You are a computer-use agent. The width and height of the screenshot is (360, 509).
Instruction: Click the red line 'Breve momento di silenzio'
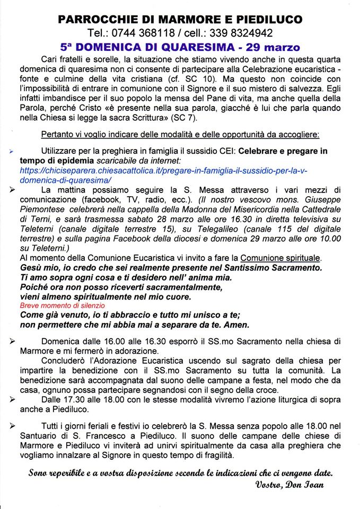click(x=63, y=306)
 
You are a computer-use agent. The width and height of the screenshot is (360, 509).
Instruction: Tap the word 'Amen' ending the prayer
click(x=237, y=325)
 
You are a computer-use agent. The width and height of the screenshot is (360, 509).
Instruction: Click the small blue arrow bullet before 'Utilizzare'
click(x=12, y=151)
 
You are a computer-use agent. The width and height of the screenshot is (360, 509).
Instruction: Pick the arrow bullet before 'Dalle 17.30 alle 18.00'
click(x=12, y=401)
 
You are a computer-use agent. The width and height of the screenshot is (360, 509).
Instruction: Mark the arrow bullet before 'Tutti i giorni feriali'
click(x=12, y=426)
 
